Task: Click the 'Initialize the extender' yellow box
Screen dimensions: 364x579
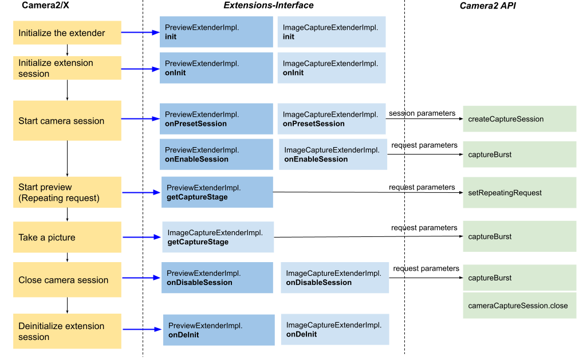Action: pos(67,33)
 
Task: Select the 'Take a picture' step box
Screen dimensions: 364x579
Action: pos(67,237)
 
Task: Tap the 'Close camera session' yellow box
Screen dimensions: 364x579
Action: pos(67,280)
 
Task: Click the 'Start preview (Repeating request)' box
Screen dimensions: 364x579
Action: pos(67,192)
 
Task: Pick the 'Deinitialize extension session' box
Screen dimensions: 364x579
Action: pos(67,331)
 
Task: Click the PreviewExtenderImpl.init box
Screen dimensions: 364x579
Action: pos(216,31)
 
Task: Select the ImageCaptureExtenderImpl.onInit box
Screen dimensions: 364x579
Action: pos(331,68)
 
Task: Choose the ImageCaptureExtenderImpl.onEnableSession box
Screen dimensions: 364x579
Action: pos(333,154)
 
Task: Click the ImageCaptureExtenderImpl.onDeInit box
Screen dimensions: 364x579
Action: pos(334,329)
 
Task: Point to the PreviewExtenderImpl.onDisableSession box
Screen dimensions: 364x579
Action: pos(218,278)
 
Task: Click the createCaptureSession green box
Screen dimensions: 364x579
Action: pos(519,119)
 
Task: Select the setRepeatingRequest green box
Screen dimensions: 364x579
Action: pos(519,192)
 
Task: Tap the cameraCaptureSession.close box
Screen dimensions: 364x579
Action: pos(519,305)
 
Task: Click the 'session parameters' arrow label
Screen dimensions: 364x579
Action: pos(422,113)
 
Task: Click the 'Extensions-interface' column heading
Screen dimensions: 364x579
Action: pos(268,6)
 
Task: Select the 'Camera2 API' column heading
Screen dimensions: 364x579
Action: pos(490,6)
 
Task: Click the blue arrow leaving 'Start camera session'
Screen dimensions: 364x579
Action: pos(140,119)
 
